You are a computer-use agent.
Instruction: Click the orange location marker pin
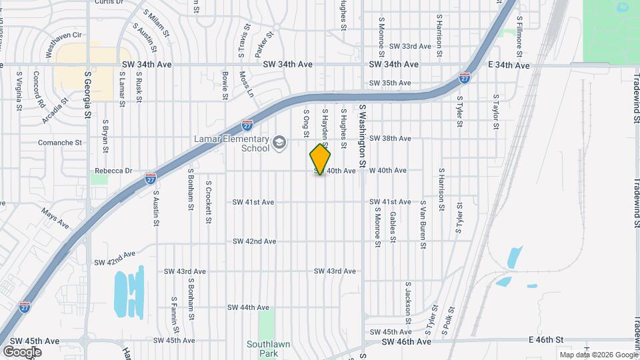pos(321,159)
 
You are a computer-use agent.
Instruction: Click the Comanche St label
pos(59,142)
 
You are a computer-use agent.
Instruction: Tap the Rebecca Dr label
pos(113,171)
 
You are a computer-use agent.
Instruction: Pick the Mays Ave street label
pos(55,218)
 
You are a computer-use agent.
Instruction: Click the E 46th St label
pos(535,340)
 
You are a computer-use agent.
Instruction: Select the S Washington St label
pos(363,135)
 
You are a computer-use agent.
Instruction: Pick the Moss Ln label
pos(247,84)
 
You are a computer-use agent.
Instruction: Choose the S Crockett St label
pos(209,201)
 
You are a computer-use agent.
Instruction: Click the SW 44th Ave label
pos(248,307)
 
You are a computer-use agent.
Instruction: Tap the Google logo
pos(22,351)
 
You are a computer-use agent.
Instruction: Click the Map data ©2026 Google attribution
pos(597,355)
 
